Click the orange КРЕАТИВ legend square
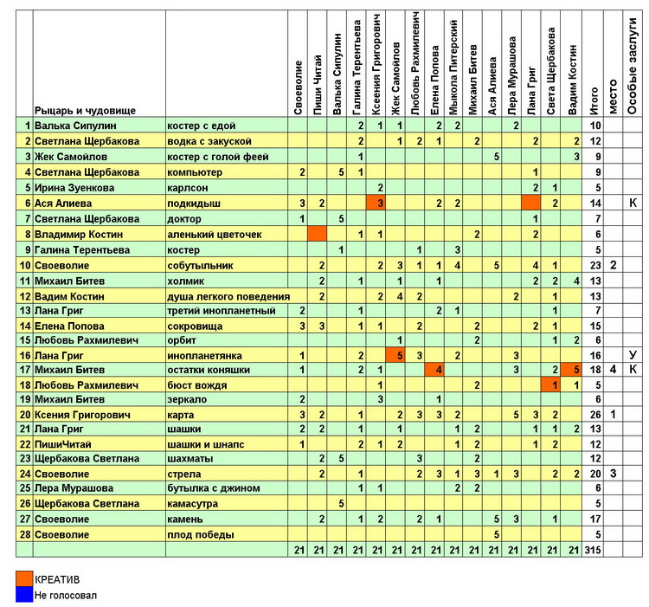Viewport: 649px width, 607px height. pyautogui.click(x=23, y=579)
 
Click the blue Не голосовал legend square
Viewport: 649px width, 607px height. pyautogui.click(x=23, y=595)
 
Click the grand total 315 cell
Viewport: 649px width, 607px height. pyautogui.click(x=594, y=550)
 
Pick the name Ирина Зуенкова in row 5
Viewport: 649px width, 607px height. pyautogui.click(x=74, y=187)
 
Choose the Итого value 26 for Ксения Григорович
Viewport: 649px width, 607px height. pyautogui.click(x=594, y=415)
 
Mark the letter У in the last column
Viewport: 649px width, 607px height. pyautogui.click(x=633, y=354)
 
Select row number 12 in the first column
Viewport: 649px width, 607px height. pyautogui.click(x=25, y=294)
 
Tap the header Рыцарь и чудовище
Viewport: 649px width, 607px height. pyautogui.click(x=85, y=110)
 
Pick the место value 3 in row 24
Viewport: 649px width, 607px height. pyautogui.click(x=614, y=475)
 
